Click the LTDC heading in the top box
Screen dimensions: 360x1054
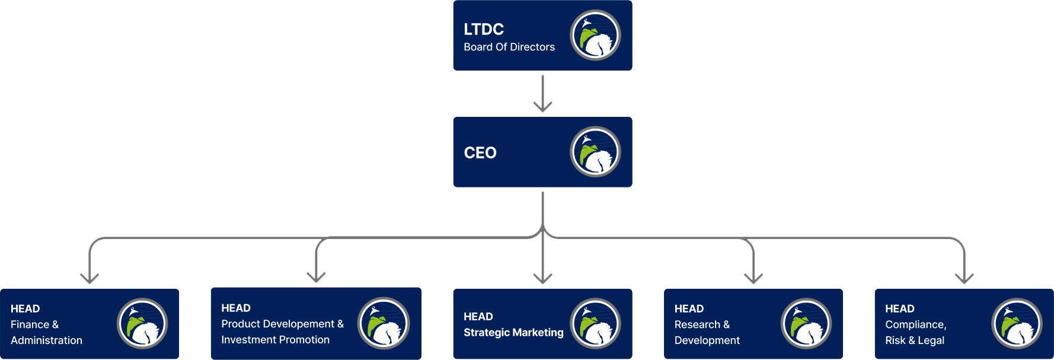pos(483,29)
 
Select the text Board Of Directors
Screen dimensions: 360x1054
pos(509,47)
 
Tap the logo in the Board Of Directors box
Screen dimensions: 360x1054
pos(595,35)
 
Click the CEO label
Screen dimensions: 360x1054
pos(480,153)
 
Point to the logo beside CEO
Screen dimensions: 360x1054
pos(595,152)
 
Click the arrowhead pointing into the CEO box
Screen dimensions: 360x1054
pos(542,107)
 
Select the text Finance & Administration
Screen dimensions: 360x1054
pos(46,332)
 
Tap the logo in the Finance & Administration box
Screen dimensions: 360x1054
pos(142,323)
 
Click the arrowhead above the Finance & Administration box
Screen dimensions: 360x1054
pos(90,278)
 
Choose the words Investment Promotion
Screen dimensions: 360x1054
pos(275,340)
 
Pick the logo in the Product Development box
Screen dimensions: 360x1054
pos(384,323)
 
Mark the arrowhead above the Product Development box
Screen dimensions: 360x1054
pos(317,277)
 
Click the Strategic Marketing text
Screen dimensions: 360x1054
pos(513,333)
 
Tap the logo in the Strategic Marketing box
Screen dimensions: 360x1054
pos(595,323)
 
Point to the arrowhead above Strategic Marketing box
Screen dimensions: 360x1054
pos(542,278)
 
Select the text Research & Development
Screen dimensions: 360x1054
pos(707,332)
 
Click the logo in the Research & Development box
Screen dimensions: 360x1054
pos(806,323)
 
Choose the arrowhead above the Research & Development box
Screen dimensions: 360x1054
pos(753,278)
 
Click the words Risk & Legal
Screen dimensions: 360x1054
pos(914,340)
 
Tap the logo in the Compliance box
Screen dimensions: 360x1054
pos(1017,323)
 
